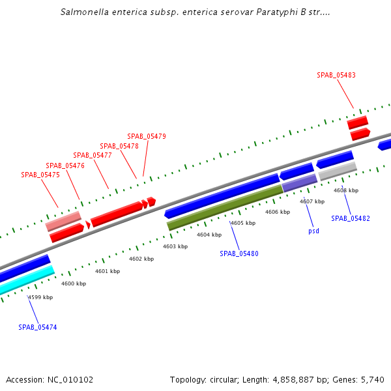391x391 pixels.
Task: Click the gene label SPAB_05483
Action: click(x=336, y=75)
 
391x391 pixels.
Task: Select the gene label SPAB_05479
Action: click(x=147, y=136)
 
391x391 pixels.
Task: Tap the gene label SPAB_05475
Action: click(x=40, y=175)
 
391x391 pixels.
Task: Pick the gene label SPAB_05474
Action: click(x=38, y=327)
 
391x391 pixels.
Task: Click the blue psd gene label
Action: click(x=314, y=231)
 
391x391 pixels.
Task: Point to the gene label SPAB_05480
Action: click(x=239, y=253)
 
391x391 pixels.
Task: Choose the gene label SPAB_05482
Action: click(x=351, y=218)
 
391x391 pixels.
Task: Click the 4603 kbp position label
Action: click(x=175, y=246)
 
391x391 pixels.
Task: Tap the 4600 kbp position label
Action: click(x=74, y=283)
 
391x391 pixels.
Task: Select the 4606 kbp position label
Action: click(x=277, y=212)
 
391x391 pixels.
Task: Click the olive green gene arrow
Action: click(x=225, y=207)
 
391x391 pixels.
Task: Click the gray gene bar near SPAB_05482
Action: click(x=338, y=171)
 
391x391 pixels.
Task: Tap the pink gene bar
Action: click(x=63, y=221)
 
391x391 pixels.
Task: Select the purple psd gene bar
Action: click(x=299, y=182)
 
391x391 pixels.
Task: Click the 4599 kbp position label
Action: click(x=40, y=297)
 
